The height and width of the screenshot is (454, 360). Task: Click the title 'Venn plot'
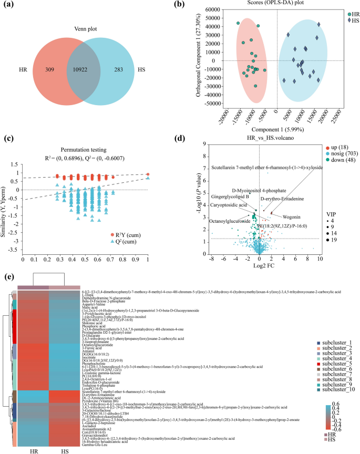coord(79,29)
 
